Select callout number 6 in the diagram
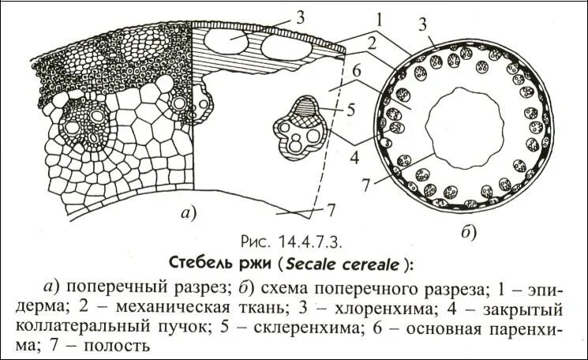click(357, 70)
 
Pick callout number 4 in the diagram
click(354, 157)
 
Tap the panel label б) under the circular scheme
click(467, 232)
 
